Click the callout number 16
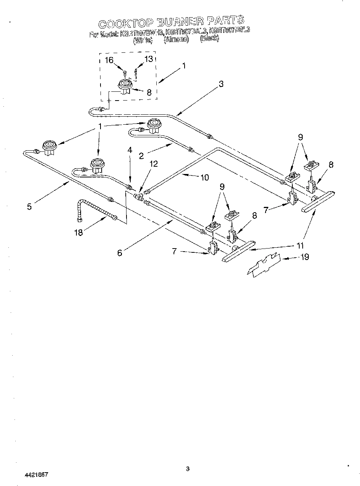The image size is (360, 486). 109,60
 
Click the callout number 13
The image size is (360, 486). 148,59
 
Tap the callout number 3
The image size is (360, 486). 221,85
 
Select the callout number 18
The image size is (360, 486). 78,232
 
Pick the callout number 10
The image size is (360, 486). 204,177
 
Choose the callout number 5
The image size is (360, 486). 29,206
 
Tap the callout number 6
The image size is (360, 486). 120,253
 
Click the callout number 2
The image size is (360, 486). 141,156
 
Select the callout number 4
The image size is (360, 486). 130,150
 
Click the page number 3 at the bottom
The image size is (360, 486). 187,468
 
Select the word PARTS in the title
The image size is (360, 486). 225,21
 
